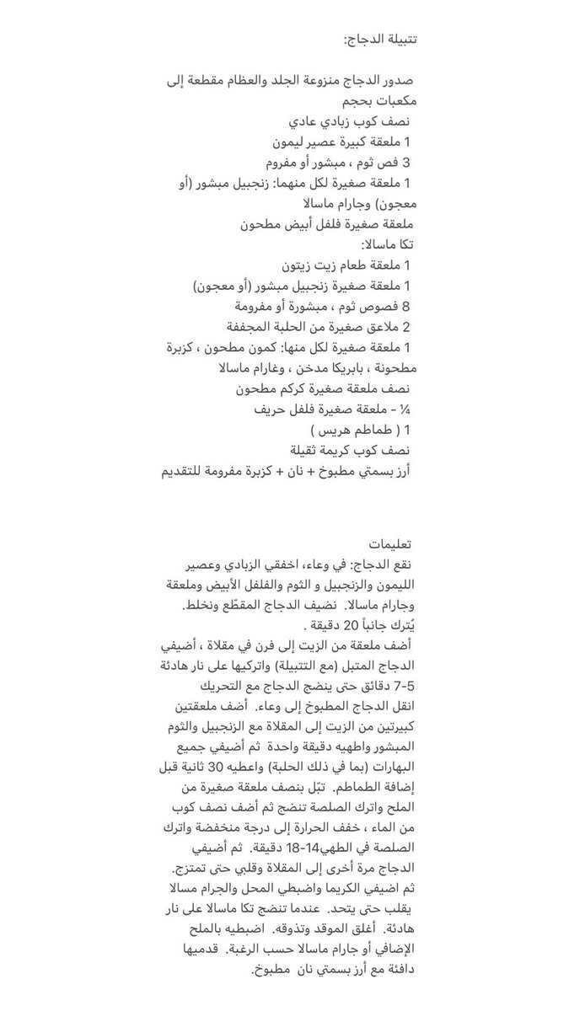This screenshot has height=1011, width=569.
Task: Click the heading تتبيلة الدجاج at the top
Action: point(382,40)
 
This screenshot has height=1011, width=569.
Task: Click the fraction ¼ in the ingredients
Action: point(405,409)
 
